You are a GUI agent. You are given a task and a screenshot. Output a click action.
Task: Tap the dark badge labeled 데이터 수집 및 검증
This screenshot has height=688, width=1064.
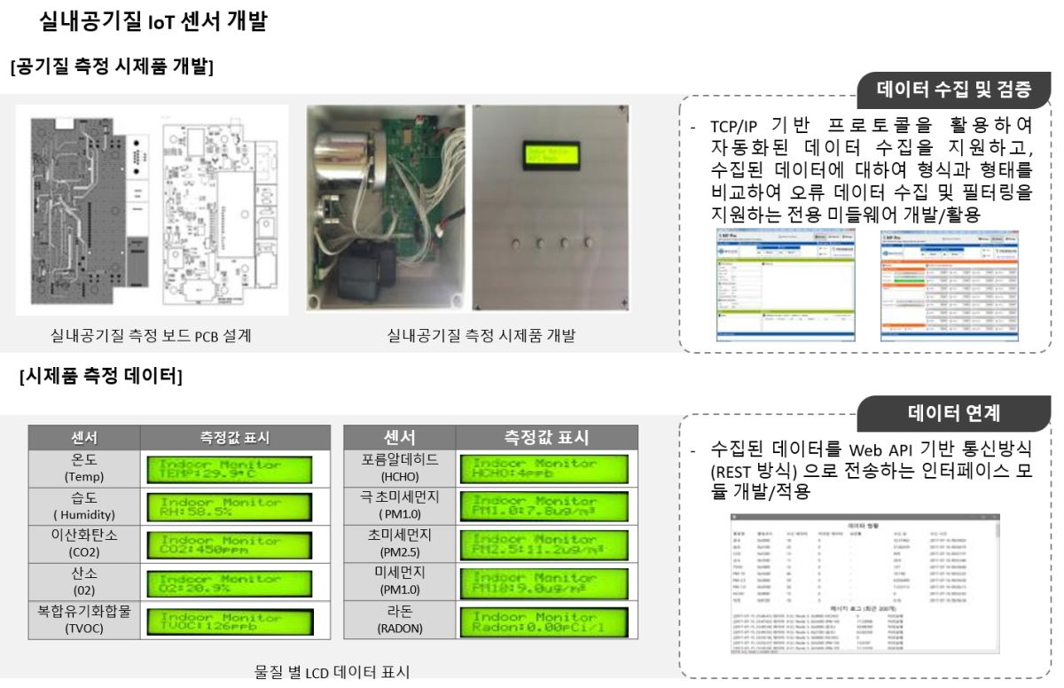(x=953, y=89)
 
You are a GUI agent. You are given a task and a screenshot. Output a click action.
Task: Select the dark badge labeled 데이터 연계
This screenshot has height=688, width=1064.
(x=953, y=412)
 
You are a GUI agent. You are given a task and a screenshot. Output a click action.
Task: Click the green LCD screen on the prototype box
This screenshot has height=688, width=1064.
(x=548, y=157)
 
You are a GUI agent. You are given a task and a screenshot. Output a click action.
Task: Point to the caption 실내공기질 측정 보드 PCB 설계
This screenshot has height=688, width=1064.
(x=151, y=335)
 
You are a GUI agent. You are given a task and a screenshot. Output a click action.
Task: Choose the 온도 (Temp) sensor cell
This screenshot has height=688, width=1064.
(x=84, y=468)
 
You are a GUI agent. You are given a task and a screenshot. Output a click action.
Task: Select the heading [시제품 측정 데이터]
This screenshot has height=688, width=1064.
(x=101, y=378)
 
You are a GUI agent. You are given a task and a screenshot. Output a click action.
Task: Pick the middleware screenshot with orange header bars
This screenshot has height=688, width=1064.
(x=949, y=285)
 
